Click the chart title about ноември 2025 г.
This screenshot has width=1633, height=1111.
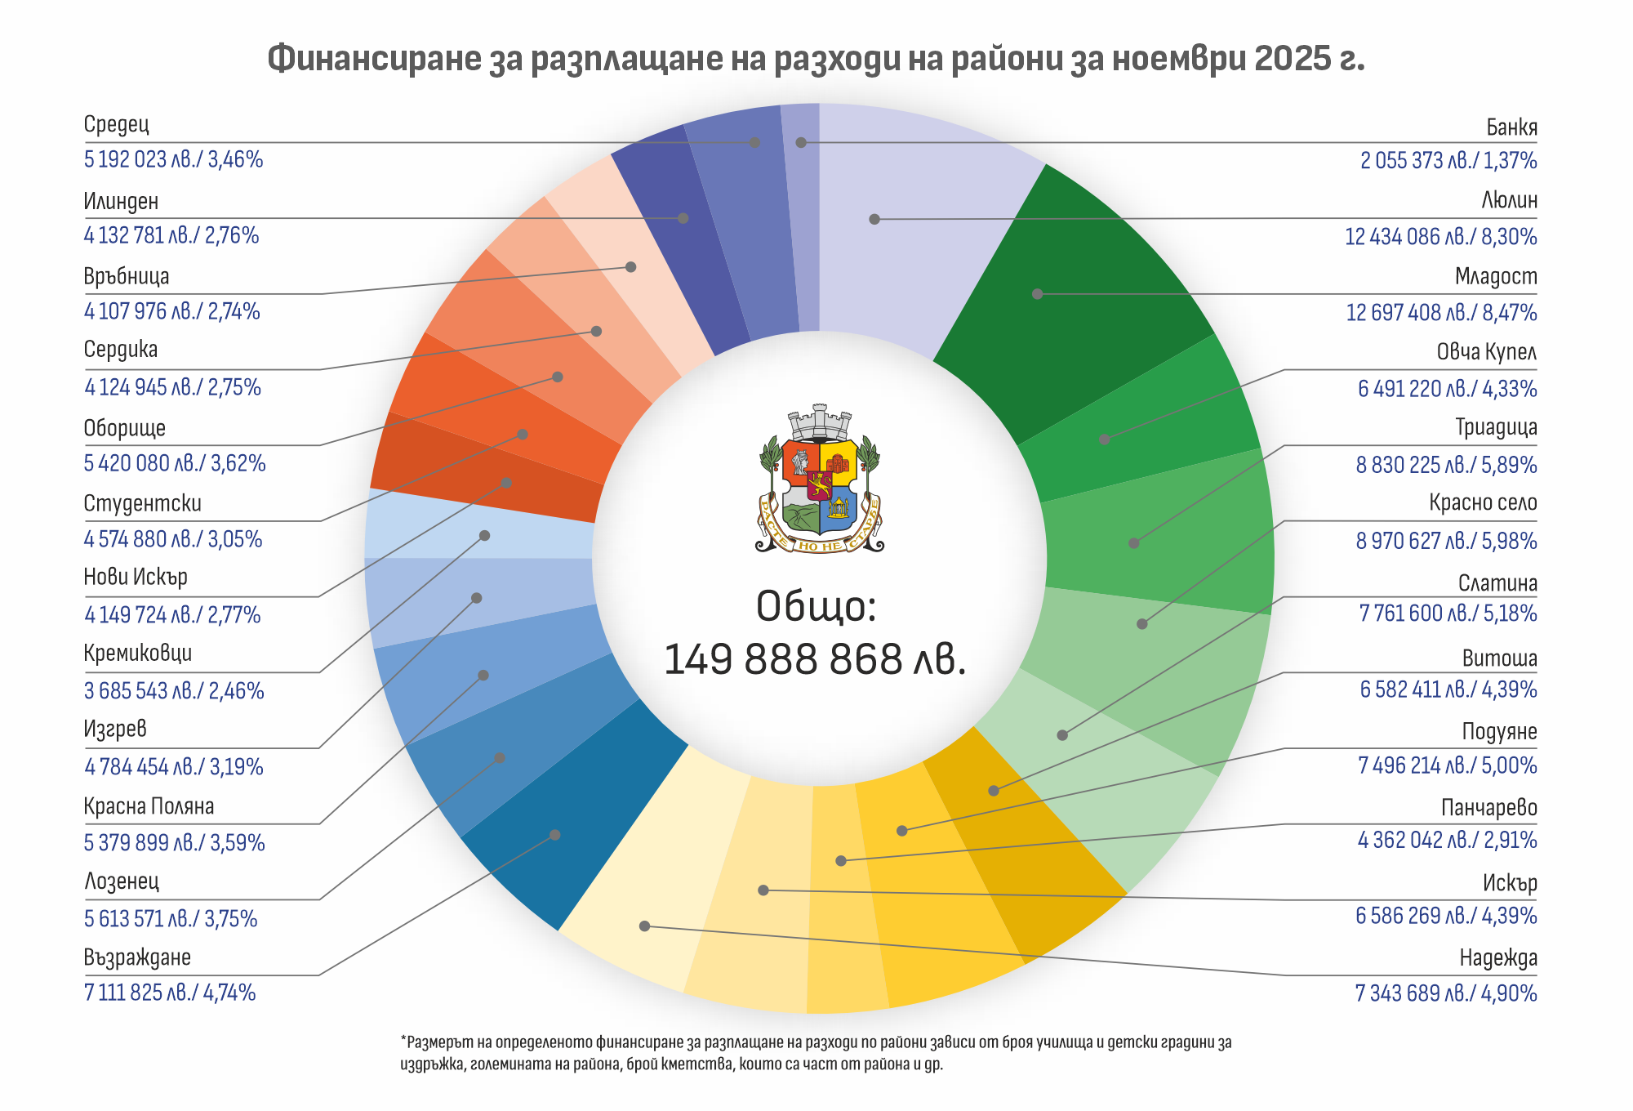pyautogui.click(x=816, y=59)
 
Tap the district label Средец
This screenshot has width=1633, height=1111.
pyautogui.click(x=116, y=124)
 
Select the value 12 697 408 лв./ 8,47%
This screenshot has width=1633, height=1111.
pyautogui.click(x=1441, y=313)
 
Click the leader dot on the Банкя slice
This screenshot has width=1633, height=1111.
pyautogui.click(x=801, y=142)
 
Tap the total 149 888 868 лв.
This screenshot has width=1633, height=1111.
pyautogui.click(x=815, y=659)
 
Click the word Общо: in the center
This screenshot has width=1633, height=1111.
pyautogui.click(x=816, y=606)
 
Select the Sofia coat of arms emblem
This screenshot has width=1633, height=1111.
pyautogui.click(x=819, y=480)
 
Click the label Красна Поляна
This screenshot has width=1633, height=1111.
pyautogui.click(x=149, y=806)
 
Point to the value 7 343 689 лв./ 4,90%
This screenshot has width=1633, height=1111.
pyautogui.click(x=1445, y=993)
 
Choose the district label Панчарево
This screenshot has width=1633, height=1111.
pyautogui.click(x=1488, y=808)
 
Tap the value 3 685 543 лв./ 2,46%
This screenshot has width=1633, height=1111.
pyautogui.click(x=174, y=691)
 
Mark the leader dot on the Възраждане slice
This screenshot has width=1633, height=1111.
pyautogui.click(x=555, y=835)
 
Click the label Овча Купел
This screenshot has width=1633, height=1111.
pyautogui.click(x=1486, y=352)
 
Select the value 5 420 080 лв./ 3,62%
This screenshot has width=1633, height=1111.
pyautogui.click(x=175, y=463)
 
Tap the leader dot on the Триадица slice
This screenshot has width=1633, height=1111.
pyautogui.click(x=1133, y=542)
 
